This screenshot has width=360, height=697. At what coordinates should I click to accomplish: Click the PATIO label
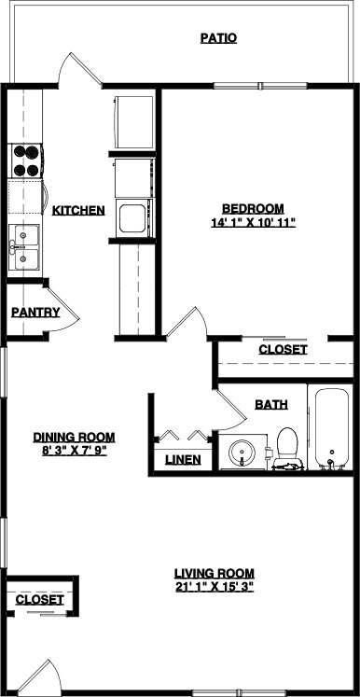click(218, 38)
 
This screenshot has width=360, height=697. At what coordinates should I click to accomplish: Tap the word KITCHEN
click(77, 211)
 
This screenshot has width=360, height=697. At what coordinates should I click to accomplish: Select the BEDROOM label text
click(253, 208)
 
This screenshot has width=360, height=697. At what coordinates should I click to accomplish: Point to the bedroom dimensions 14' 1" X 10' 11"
click(253, 222)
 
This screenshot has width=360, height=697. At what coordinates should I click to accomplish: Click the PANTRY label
click(35, 313)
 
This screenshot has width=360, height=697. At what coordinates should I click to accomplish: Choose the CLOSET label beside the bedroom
click(283, 350)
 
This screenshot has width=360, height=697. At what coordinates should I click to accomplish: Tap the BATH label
click(270, 404)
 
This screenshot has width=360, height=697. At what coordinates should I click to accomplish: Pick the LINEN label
click(182, 459)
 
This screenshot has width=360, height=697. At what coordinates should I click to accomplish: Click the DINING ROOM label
click(74, 436)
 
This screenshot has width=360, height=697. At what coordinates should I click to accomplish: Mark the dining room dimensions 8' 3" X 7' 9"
click(74, 450)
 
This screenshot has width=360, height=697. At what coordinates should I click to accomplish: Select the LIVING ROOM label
click(215, 573)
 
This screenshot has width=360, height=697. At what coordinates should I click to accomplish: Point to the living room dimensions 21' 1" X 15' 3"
click(215, 587)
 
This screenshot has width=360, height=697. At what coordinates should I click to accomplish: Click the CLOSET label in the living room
click(40, 600)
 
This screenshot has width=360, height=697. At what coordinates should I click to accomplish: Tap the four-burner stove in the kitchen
click(26, 160)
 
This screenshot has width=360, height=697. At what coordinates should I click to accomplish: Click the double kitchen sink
click(25, 247)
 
